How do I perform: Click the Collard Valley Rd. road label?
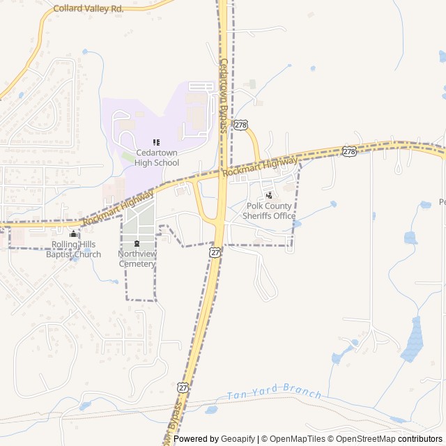88,9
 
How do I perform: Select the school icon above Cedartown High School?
156,142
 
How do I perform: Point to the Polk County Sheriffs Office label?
269,211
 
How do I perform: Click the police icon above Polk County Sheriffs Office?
269,195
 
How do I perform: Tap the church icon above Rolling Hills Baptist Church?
73,233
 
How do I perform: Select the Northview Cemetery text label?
137,259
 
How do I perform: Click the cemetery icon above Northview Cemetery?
137,243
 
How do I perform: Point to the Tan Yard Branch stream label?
274,394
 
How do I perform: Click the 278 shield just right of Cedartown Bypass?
240,124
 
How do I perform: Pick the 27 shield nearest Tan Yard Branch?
183,387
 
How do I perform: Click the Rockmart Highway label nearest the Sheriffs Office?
260,167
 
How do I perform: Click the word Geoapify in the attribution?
238,439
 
